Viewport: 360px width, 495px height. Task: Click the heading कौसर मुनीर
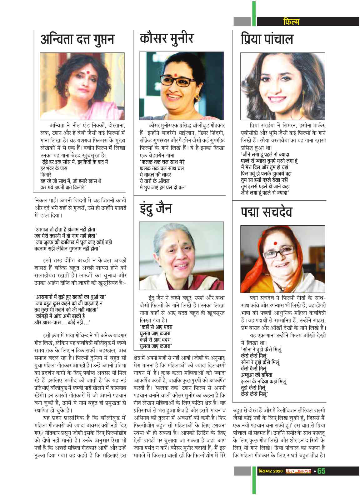[x=167, y=38]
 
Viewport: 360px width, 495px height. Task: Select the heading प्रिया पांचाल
[x=267, y=40]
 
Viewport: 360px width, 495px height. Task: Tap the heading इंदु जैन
[x=156, y=208]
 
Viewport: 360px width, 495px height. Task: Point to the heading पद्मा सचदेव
[x=266, y=212]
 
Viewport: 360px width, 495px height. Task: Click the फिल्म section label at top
[x=290, y=22]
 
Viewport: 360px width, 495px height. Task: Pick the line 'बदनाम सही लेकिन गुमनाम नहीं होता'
[x=67, y=249]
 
